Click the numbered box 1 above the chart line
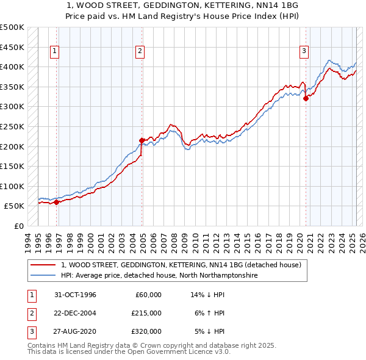tap(55, 51)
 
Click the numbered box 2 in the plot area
tap(140, 51)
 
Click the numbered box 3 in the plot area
tap(304, 51)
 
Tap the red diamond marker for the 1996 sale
tap(57, 202)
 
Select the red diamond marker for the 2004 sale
tap(142, 140)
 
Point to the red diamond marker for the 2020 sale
tap(306, 99)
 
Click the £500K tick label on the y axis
tap(12, 27)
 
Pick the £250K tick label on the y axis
tap(12, 126)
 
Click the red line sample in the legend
tap(43, 265)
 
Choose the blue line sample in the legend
tap(43, 275)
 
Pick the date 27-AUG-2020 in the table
tap(74, 331)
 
